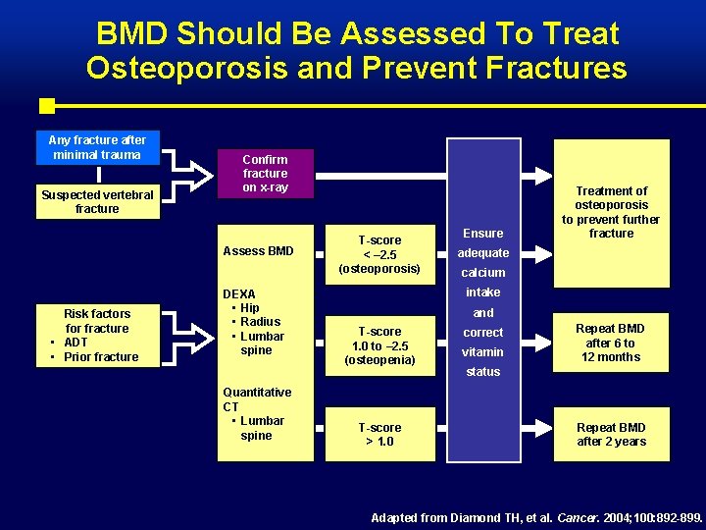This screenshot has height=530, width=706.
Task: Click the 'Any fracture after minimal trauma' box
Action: pos(97,147)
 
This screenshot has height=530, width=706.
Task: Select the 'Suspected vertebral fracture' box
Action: pos(97,201)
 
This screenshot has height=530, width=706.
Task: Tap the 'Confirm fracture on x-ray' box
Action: pos(265,174)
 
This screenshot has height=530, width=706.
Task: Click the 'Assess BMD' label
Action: pos(258,251)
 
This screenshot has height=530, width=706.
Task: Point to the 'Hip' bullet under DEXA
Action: pos(250,307)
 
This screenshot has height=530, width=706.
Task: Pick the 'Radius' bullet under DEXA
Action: pos(260,322)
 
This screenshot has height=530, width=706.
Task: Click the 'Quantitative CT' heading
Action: pos(257,398)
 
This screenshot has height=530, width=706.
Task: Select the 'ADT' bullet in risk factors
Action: pos(76,343)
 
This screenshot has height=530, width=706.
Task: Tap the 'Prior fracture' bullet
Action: pos(101,357)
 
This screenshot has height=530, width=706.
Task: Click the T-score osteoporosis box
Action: pos(378,254)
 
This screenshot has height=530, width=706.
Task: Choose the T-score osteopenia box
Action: pos(378,345)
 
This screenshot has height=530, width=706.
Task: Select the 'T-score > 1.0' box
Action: pos(378,434)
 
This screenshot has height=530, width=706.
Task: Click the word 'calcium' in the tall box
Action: pos(482,273)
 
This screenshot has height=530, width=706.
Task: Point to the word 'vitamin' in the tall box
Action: pos(482,352)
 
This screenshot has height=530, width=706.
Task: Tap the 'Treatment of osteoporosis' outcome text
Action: pos(611,212)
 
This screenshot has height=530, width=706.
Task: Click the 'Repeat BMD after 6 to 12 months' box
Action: pos(610,343)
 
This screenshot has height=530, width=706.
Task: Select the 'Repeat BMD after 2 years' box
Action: pos(610,434)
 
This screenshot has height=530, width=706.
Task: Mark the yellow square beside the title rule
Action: pos(46,105)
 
